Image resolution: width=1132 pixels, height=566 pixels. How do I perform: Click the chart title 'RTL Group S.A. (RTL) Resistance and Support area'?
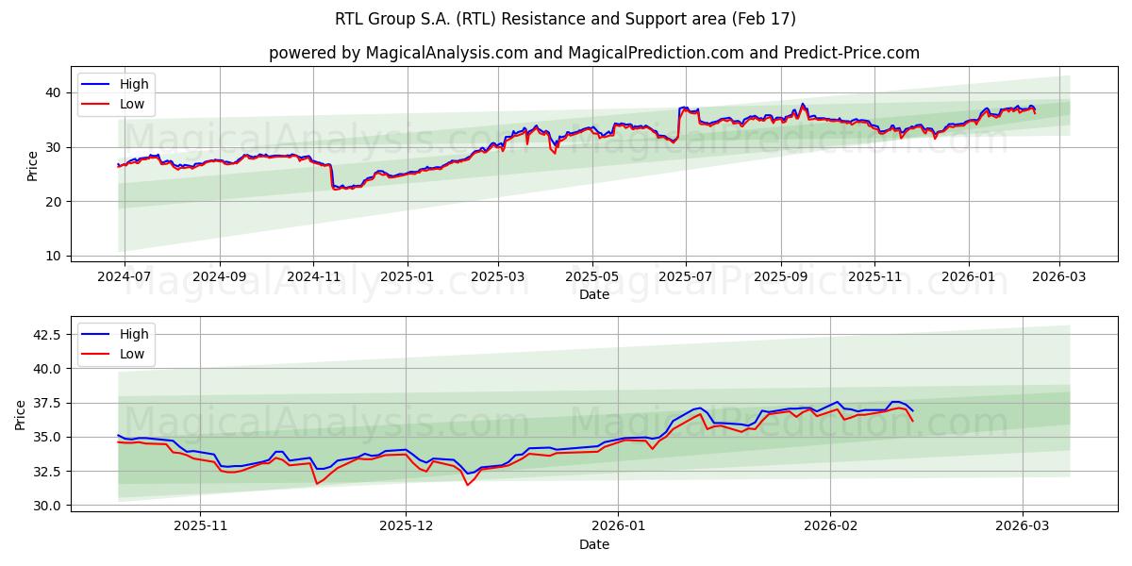click(565, 19)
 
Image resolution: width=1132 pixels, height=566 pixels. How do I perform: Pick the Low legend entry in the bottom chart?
click(132, 354)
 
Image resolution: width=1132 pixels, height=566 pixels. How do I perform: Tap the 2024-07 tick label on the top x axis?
click(125, 277)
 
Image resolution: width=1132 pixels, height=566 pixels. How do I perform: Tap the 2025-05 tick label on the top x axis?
click(592, 277)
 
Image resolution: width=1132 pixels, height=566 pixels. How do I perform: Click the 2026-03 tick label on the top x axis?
click(1058, 277)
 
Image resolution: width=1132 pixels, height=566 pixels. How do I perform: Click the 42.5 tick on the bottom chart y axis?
click(47, 335)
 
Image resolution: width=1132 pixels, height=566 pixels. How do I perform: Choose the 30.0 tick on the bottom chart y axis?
click(47, 506)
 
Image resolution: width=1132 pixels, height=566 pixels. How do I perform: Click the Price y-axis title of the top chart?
click(33, 166)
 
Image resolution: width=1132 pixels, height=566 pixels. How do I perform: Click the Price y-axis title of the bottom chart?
click(21, 415)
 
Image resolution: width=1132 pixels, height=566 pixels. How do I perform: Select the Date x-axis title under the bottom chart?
click(594, 545)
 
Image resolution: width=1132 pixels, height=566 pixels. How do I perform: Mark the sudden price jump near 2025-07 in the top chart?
click(678, 123)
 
